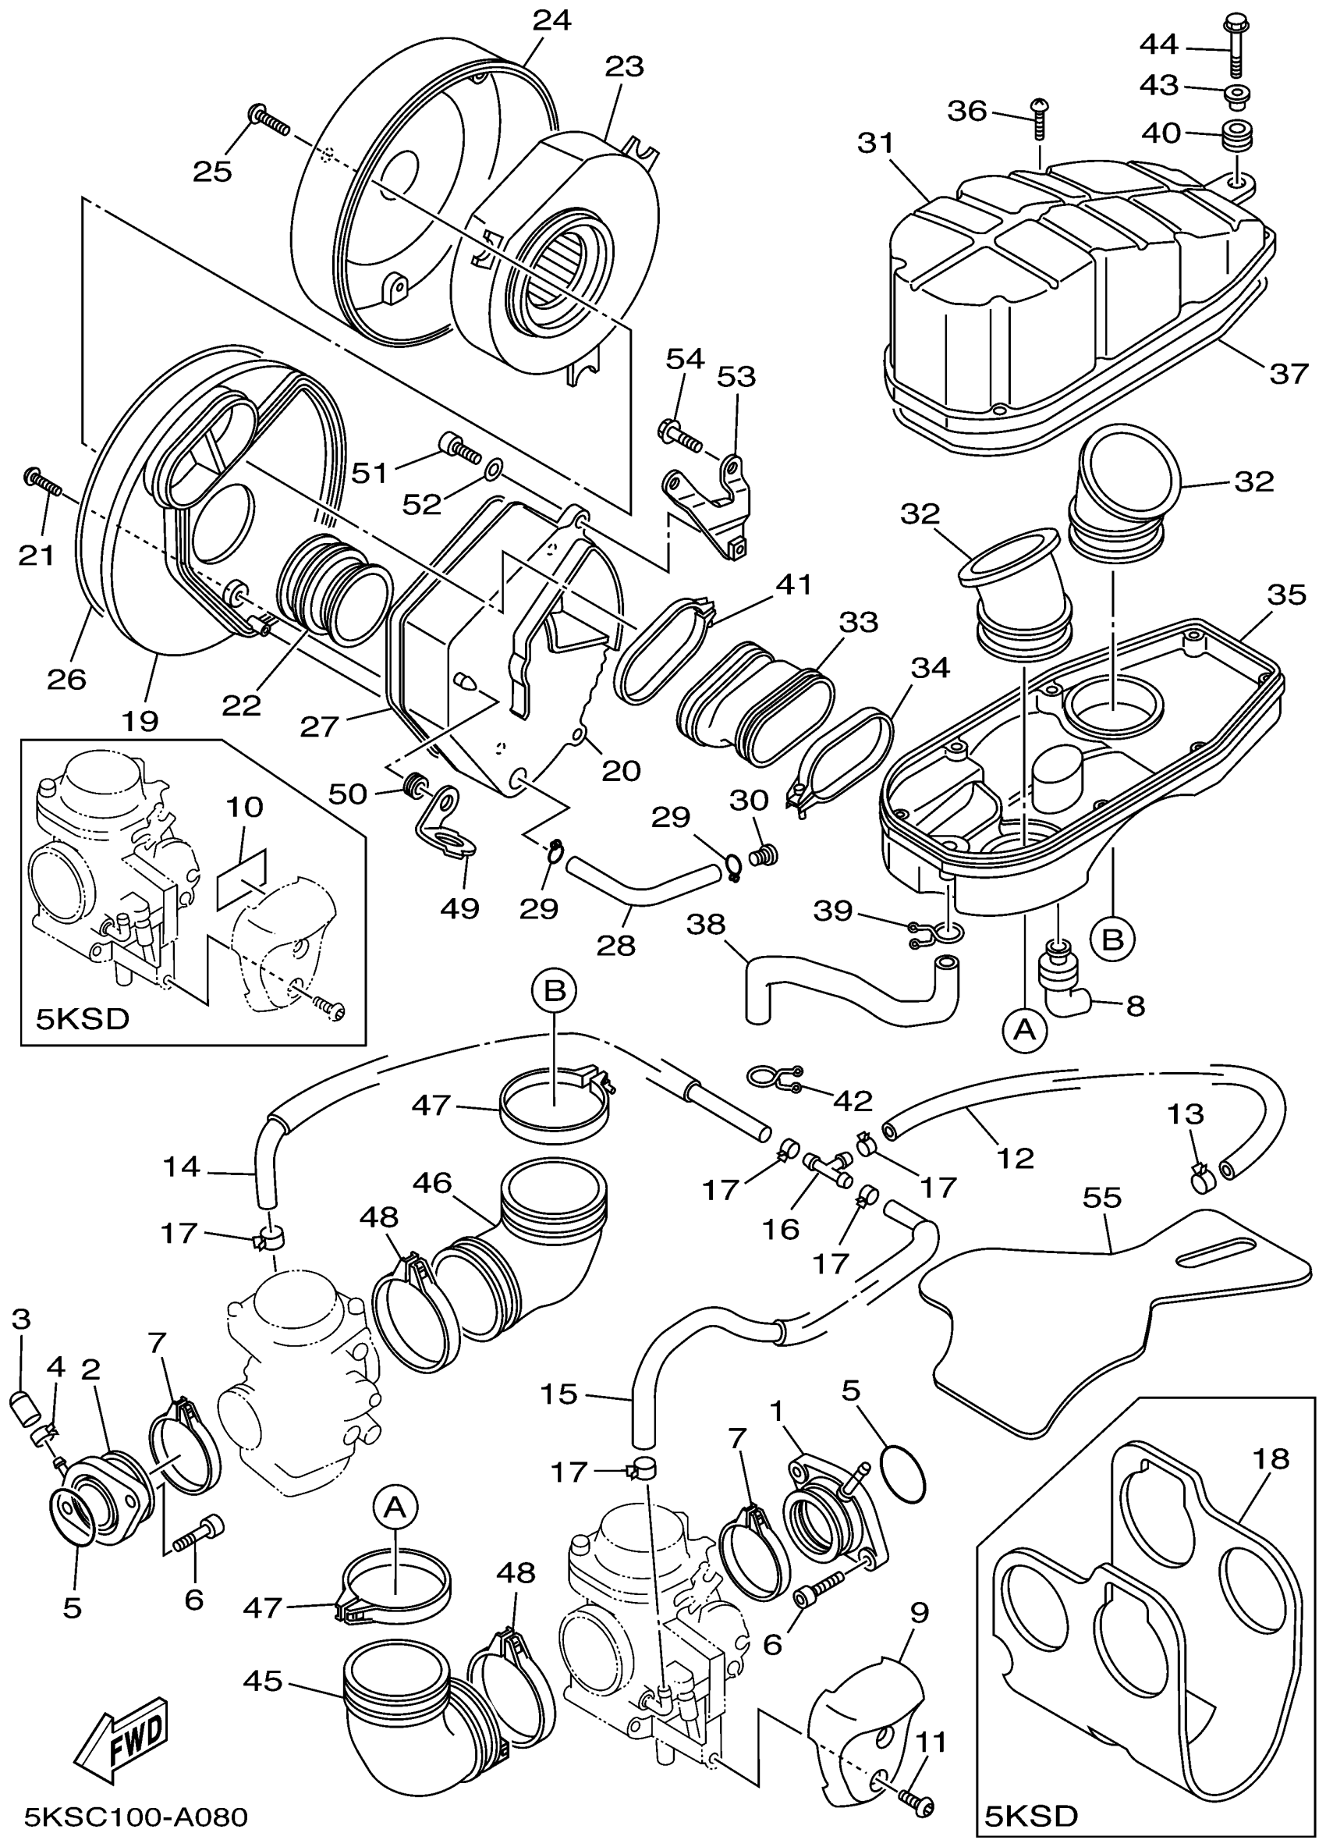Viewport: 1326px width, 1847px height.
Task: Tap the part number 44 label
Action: click(1159, 44)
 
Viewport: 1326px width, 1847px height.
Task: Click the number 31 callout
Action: click(875, 144)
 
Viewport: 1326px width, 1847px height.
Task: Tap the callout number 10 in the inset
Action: click(245, 807)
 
